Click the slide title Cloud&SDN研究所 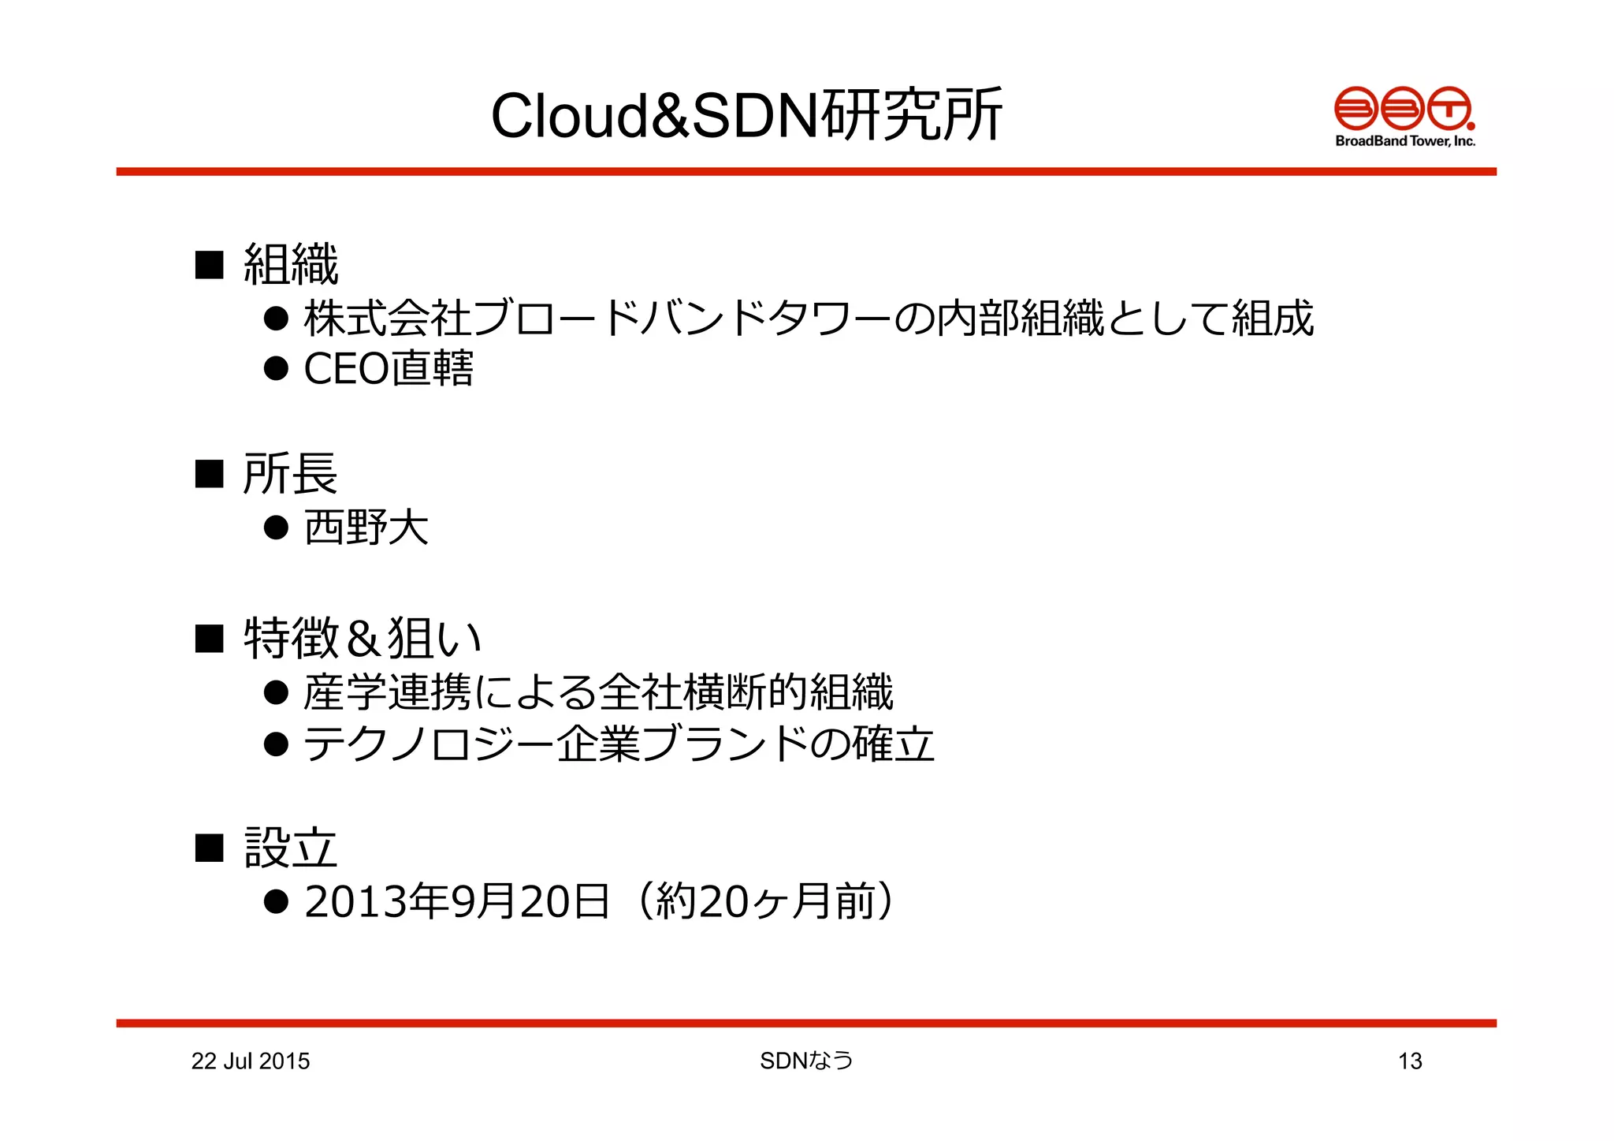746,116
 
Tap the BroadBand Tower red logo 1404,108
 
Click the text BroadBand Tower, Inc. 1404,141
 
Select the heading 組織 291,264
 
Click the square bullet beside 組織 210,264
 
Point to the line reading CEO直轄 389,368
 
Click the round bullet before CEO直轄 276,368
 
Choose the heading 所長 291,473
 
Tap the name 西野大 366,527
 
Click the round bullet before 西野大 276,527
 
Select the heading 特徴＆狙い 362,638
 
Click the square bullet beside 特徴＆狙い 210,638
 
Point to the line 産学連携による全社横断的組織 598,692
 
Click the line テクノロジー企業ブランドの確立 619,744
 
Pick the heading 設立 291,848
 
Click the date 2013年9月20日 456,901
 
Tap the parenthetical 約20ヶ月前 764,901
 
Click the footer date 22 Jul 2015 251,1061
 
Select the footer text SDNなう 806,1061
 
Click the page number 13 1410,1061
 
